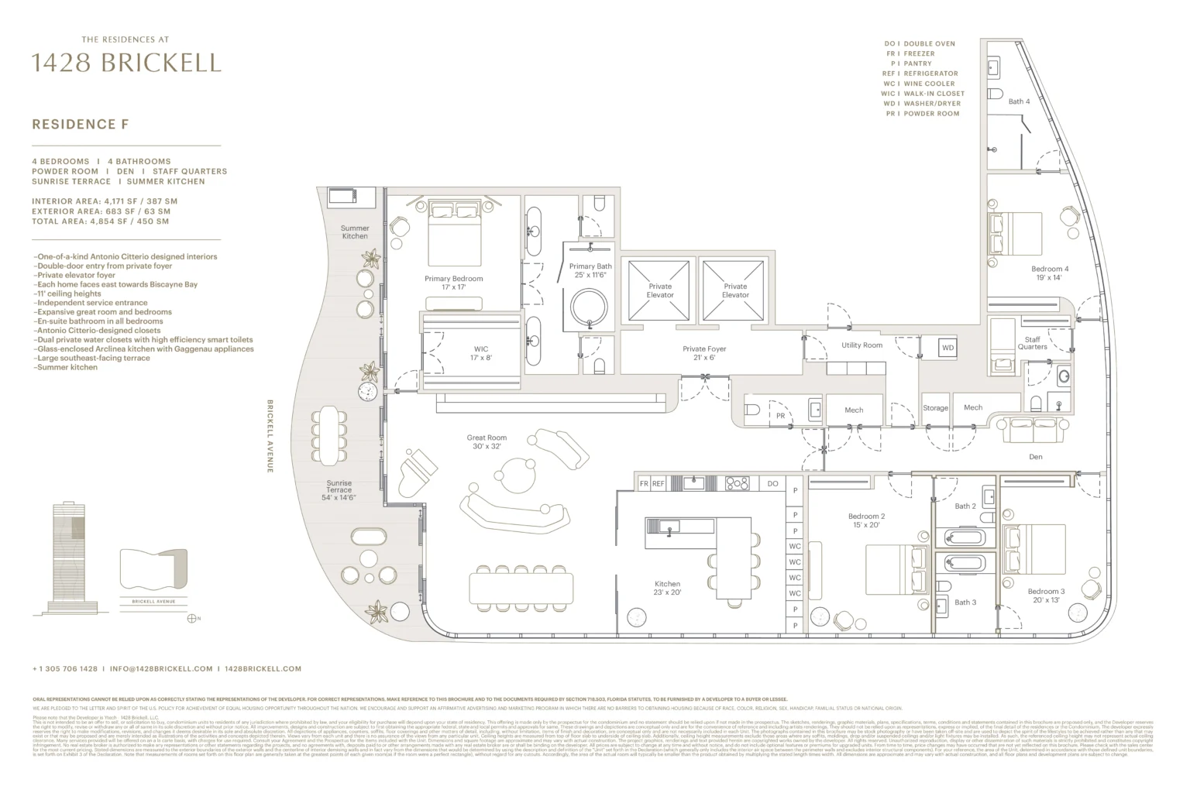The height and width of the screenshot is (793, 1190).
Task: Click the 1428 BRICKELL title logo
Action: pos(126,63)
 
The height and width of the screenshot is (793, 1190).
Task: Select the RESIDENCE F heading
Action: pos(80,124)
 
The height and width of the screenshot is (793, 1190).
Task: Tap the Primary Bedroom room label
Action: pos(453,283)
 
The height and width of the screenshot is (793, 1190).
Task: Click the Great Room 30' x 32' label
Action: pos(487,442)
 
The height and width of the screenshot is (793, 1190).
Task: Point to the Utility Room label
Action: pos(862,345)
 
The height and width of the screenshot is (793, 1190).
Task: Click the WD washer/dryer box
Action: pos(948,348)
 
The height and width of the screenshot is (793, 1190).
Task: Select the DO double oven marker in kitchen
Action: pos(772,484)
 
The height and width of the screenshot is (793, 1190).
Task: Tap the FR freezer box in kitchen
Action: pos(643,484)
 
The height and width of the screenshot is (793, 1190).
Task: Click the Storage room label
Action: pos(935,408)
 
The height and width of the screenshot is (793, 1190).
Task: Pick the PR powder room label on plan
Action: pos(780,416)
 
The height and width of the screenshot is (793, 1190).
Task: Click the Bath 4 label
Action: pos(1019,101)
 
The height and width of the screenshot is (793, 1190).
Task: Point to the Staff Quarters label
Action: pos(1032,343)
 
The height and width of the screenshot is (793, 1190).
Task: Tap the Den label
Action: pos(1035,457)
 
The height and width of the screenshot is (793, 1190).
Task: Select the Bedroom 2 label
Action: pos(866,520)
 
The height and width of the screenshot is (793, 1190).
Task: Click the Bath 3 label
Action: pos(965,602)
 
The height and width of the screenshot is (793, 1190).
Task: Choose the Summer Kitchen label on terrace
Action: pos(355,232)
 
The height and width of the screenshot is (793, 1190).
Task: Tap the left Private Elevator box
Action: pos(659,290)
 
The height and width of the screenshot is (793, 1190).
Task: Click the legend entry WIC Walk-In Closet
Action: pos(921,94)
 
